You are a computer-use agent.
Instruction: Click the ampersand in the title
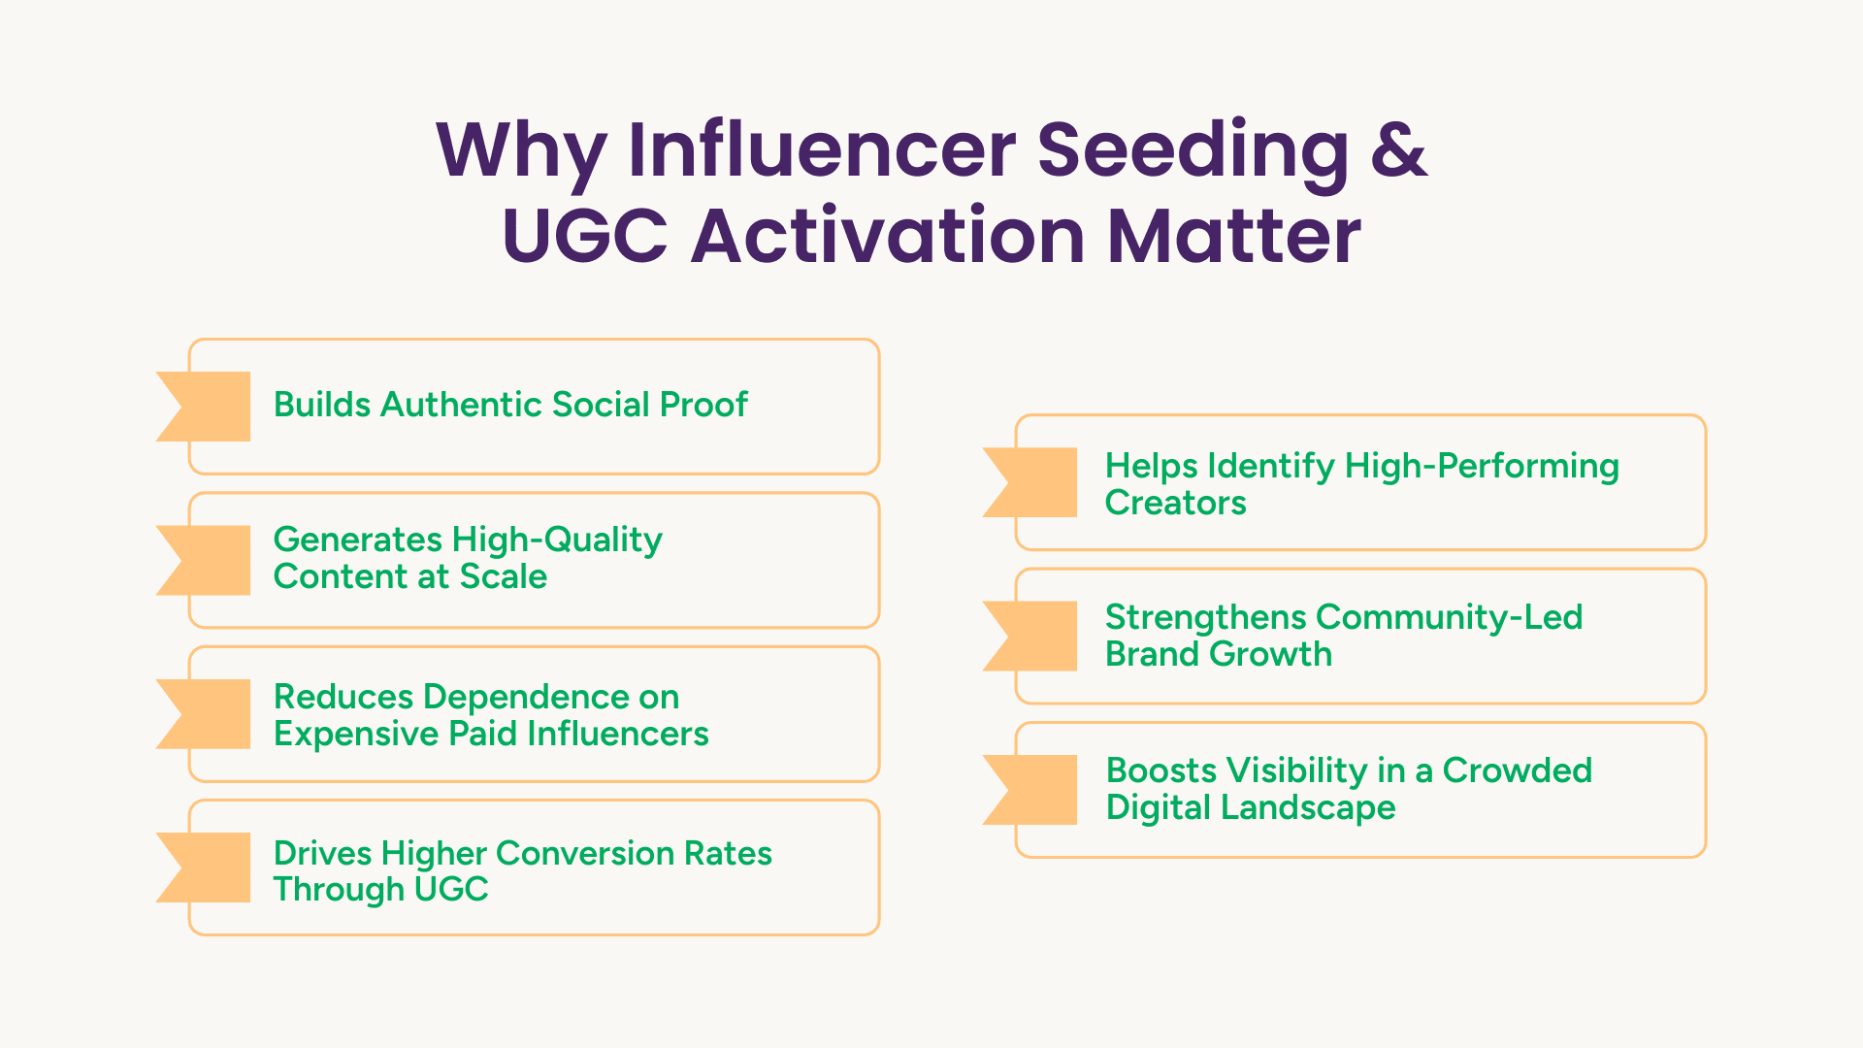click(1398, 149)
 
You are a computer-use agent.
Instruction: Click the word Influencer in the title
click(823, 149)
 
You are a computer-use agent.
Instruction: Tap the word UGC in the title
click(585, 236)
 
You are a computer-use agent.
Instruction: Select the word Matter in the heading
click(1234, 236)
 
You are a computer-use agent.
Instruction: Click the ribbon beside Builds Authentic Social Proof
click(204, 407)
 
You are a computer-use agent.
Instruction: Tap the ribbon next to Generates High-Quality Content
click(204, 560)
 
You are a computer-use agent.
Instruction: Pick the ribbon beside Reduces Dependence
click(204, 714)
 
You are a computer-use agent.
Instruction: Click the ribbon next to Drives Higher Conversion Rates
click(204, 868)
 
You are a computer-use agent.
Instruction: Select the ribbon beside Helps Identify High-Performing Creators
click(1030, 482)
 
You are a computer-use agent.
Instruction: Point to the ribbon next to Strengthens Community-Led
click(1030, 637)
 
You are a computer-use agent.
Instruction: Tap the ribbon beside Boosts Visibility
click(1030, 790)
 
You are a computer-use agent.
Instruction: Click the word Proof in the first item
click(703, 405)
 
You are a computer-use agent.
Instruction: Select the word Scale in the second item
click(504, 576)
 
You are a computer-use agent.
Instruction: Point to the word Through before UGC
click(339, 890)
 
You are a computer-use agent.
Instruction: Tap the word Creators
click(1176, 503)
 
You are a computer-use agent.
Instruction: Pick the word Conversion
click(585, 853)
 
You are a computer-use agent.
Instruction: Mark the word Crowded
click(1518, 770)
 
